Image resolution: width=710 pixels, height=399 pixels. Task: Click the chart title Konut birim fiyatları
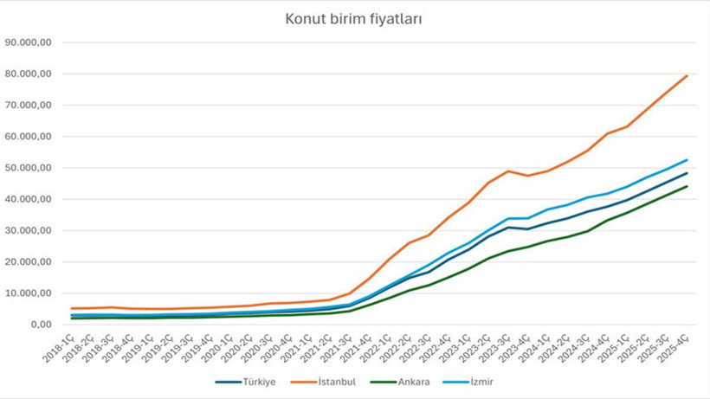[354, 18]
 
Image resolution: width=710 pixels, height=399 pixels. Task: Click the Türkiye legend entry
[252, 381]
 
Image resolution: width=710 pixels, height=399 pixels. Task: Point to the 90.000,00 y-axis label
[29, 42]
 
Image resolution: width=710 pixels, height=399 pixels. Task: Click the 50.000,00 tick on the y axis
[29, 168]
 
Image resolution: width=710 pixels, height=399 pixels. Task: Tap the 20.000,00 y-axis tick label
[29, 262]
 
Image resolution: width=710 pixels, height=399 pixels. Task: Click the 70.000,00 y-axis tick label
[29, 106]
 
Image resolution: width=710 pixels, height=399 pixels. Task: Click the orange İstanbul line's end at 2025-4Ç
[687, 75]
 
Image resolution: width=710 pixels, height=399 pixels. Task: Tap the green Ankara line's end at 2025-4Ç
[687, 186]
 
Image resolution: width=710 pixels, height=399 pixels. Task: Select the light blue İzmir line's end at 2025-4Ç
[687, 160]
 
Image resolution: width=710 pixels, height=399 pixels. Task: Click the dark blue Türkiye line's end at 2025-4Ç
[687, 173]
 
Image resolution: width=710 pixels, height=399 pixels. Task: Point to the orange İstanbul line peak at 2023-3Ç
[509, 171]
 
